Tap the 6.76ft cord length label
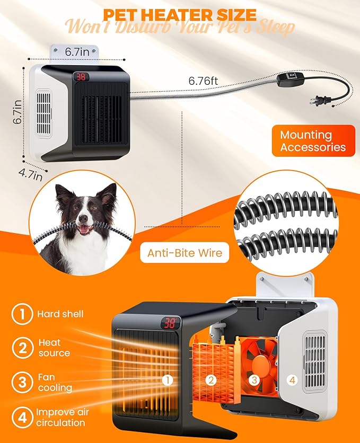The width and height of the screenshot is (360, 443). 204,81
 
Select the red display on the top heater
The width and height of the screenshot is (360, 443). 81,77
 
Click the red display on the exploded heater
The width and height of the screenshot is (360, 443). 170,322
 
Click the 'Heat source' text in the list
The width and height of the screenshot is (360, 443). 54,348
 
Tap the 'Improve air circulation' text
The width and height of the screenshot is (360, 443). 63,418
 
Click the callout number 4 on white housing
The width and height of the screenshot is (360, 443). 293,379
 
